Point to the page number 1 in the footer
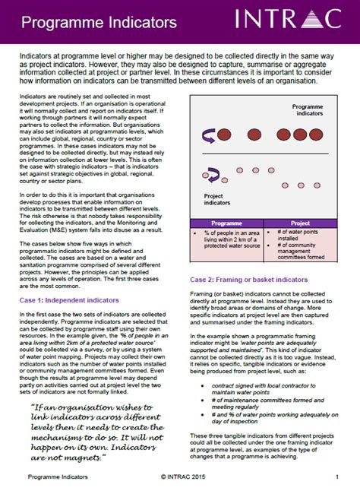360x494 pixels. pos(336,477)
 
